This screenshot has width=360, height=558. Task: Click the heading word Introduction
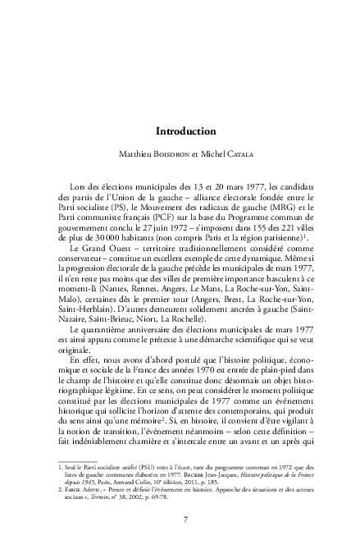[185, 130]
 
